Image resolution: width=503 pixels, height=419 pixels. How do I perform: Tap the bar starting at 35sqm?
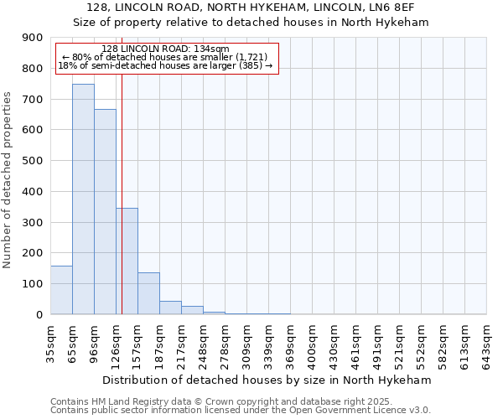tap(61, 290)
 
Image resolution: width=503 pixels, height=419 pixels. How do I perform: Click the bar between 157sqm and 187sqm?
tap(148, 293)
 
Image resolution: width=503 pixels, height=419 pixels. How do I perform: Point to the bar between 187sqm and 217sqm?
tap(170, 308)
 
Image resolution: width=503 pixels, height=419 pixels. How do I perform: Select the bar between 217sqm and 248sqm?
tap(192, 310)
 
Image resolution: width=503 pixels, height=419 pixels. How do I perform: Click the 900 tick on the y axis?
tap(33, 38)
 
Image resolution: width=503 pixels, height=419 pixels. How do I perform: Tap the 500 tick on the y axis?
tap(33, 161)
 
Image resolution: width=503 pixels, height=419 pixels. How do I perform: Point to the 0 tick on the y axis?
tap(39, 315)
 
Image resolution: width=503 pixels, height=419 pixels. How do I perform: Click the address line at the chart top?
tap(251, 7)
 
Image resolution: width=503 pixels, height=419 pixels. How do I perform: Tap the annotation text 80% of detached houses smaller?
tap(164, 57)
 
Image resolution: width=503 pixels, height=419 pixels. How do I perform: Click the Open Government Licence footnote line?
tap(241, 411)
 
